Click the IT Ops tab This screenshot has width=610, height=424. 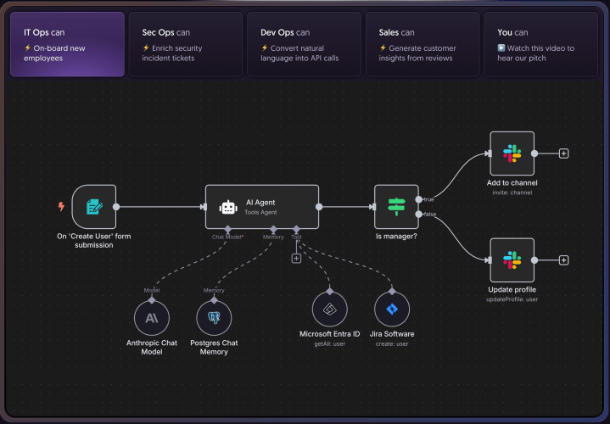pyautogui.click(x=67, y=44)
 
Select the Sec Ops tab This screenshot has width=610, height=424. pyautogui.click(x=185, y=44)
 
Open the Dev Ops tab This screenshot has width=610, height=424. pyautogui.click(x=303, y=44)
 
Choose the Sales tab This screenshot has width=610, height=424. pyautogui.click(x=421, y=44)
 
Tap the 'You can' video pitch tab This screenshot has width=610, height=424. pyautogui.click(x=540, y=44)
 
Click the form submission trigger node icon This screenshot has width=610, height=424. pyautogui.click(x=93, y=206)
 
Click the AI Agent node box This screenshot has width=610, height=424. pyautogui.click(x=262, y=206)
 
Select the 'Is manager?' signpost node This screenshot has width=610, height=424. pyautogui.click(x=396, y=206)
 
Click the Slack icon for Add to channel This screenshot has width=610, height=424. pyautogui.click(x=512, y=153)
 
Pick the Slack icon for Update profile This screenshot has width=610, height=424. pyautogui.click(x=512, y=260)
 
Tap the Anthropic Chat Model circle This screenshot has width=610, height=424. pyautogui.click(x=151, y=319)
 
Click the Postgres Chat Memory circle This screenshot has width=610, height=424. pyautogui.click(x=214, y=319)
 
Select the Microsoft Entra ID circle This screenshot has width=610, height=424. pyautogui.click(x=329, y=309)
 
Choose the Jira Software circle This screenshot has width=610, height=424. pyautogui.click(x=392, y=309)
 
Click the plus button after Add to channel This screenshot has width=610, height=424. pyautogui.click(x=564, y=153)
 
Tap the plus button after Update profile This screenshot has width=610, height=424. pyautogui.click(x=564, y=260)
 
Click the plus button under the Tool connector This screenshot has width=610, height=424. pyautogui.click(x=296, y=258)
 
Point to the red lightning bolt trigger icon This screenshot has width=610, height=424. pyautogui.click(x=61, y=206)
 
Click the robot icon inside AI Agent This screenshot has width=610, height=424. pyautogui.click(x=227, y=207)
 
